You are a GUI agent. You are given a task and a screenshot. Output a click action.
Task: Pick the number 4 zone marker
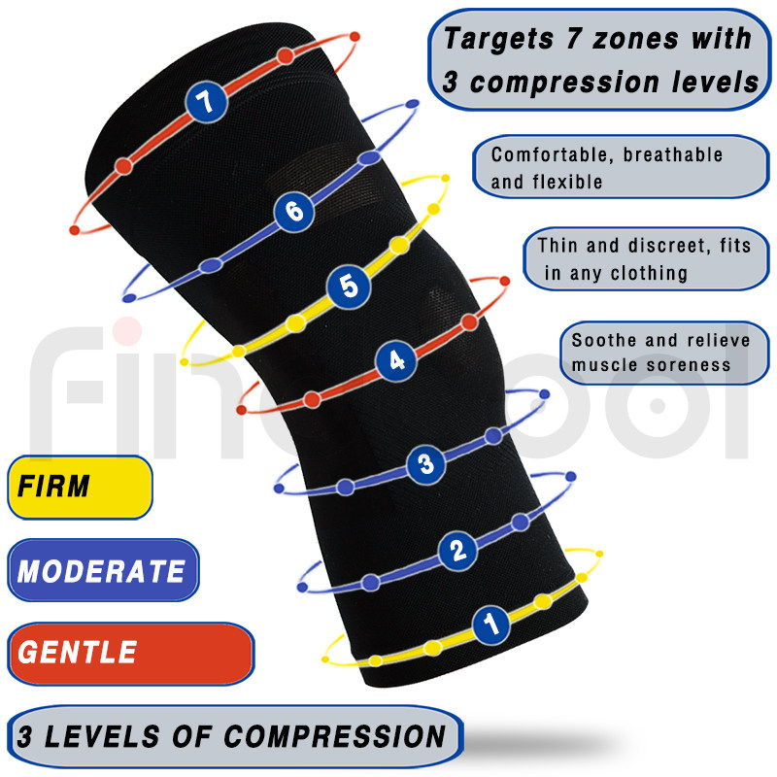tap(396, 361)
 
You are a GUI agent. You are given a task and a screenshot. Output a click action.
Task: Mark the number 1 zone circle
tap(491, 624)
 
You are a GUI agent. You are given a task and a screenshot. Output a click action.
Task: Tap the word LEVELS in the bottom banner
tap(104, 735)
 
